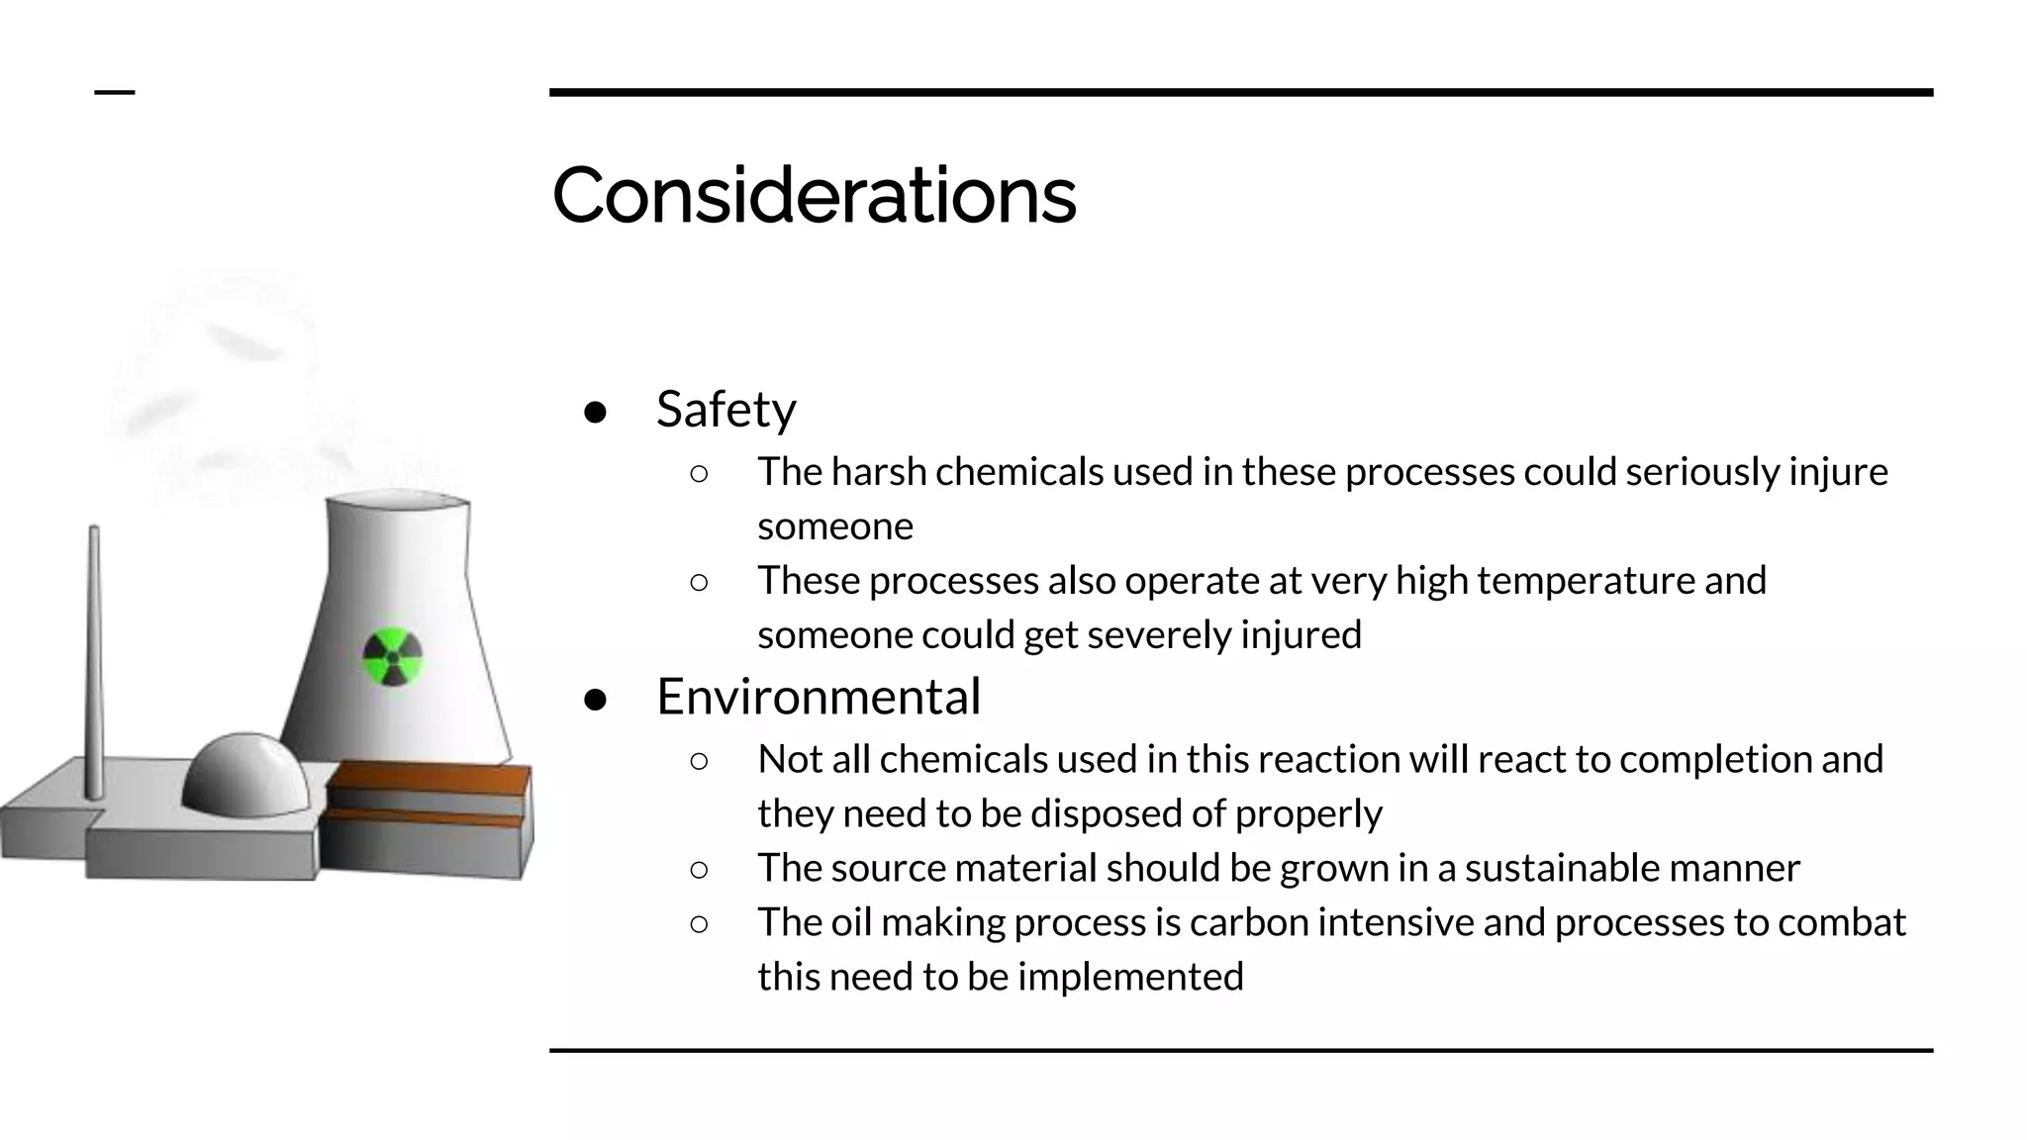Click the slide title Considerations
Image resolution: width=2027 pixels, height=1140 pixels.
[x=814, y=195]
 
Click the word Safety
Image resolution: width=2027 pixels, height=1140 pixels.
[x=725, y=409]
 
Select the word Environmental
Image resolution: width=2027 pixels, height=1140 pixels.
[x=819, y=696]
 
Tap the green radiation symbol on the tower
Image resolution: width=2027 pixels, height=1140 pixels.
[x=392, y=656]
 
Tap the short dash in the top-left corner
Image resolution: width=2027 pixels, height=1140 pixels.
[x=114, y=93]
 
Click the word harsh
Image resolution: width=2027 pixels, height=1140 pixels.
[x=879, y=472]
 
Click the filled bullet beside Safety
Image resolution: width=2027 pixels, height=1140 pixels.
[x=595, y=412]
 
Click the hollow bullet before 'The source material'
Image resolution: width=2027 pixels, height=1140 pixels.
[x=699, y=870]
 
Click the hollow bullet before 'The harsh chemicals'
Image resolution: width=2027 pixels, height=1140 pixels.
[x=699, y=474]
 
